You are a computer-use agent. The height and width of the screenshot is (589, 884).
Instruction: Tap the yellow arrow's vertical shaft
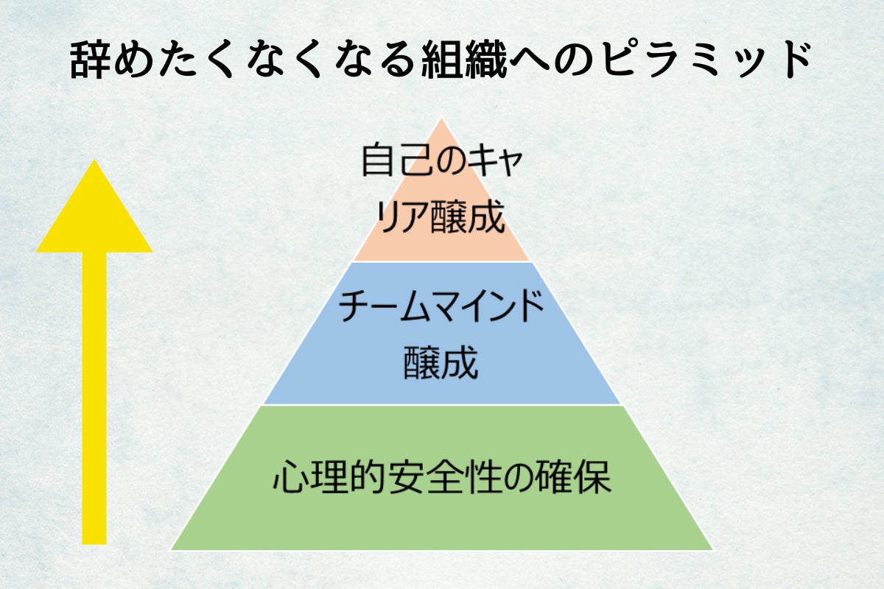(x=94, y=398)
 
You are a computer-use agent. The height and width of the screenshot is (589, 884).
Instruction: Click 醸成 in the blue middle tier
(x=441, y=364)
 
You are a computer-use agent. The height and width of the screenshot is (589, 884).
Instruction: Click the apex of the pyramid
(x=441, y=120)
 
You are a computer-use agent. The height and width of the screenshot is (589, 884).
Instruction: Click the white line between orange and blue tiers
(x=441, y=261)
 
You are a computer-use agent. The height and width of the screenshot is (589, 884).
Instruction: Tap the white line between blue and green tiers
(x=441, y=405)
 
